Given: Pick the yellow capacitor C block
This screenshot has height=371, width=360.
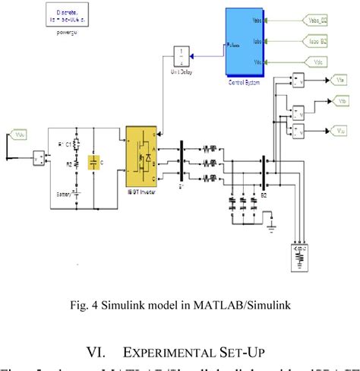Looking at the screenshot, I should (x=93, y=163).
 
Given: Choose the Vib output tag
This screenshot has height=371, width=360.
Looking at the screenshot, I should (x=340, y=104).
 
